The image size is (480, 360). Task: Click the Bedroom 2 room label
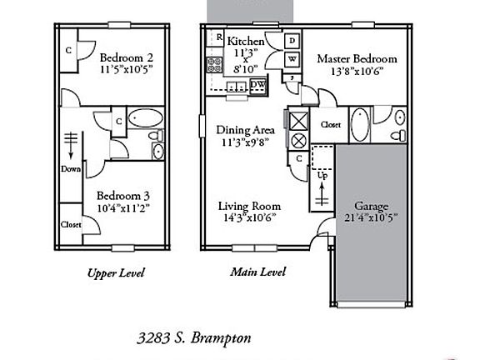point(127,57)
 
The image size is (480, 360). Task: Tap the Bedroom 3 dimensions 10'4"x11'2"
point(123,208)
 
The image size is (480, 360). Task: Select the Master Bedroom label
point(357,58)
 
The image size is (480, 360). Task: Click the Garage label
point(371,207)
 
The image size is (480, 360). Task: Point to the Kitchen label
point(246,41)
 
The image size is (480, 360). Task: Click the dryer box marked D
point(292,41)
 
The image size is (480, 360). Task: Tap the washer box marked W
point(292,59)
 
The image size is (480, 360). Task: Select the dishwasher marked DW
point(258,85)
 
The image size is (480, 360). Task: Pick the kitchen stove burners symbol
point(214,65)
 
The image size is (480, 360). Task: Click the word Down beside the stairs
point(71,169)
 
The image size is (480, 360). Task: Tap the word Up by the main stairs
point(322,175)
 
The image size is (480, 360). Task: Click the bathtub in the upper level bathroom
point(145,117)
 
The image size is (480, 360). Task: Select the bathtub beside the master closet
point(360,125)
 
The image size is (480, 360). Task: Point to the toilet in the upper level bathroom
point(156,135)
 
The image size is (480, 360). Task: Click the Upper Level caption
point(116,273)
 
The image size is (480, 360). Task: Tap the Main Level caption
point(257,272)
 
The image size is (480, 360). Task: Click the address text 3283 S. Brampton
point(194,338)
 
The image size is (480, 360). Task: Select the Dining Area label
point(245,130)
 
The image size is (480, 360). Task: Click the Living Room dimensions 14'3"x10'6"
point(249,218)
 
